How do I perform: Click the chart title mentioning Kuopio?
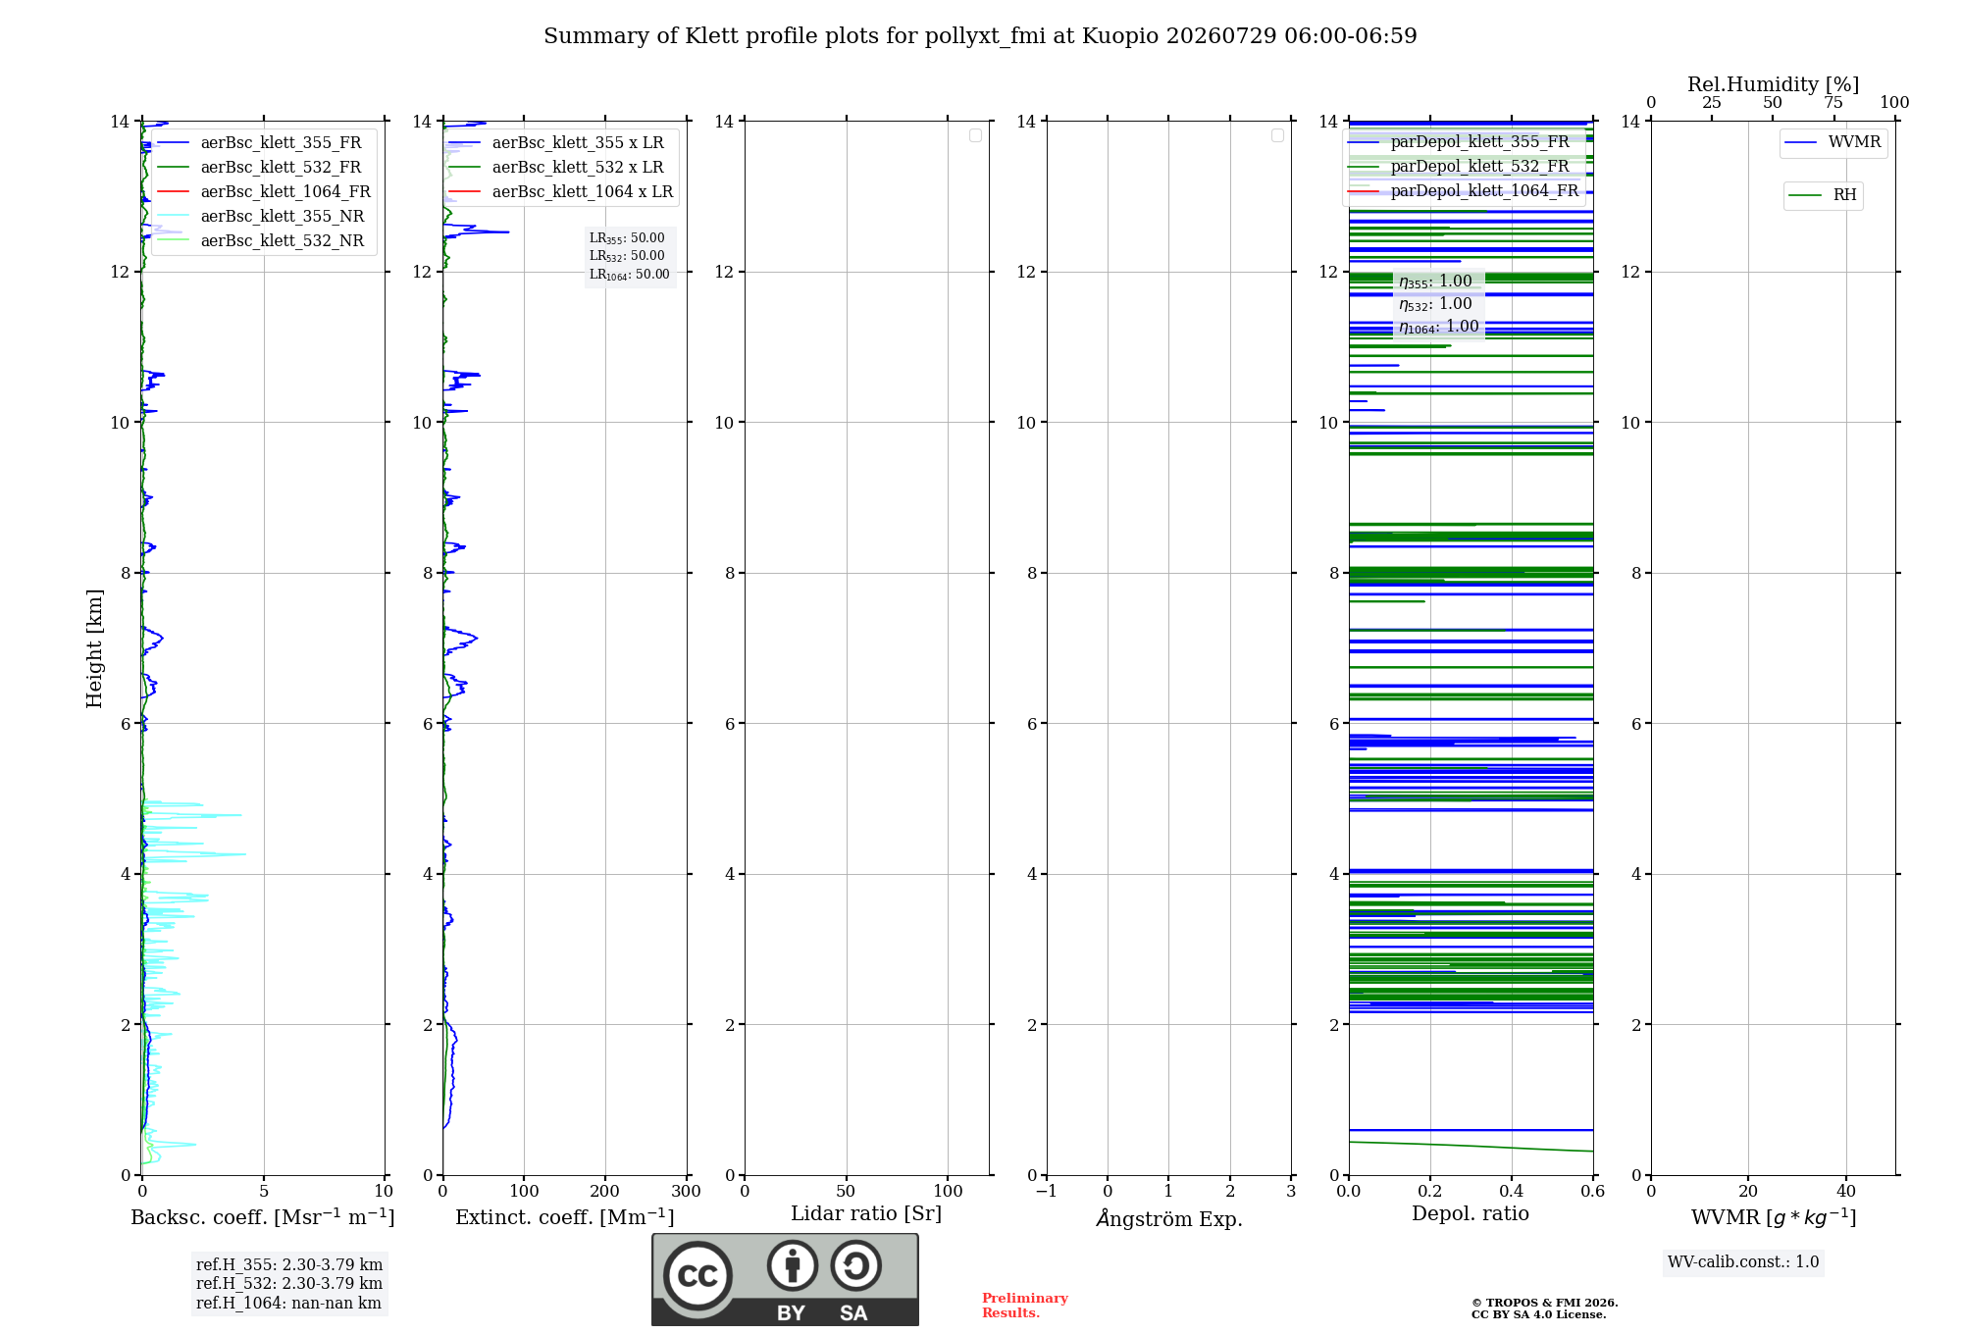[x=980, y=36]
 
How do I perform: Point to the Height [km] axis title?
[x=94, y=648]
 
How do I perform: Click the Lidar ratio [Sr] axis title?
[x=866, y=1214]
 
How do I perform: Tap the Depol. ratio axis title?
[x=1471, y=1214]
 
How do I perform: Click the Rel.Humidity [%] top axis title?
[x=1774, y=85]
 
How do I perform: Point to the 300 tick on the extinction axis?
[x=687, y=1192]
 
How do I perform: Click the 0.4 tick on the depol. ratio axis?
[x=1512, y=1192]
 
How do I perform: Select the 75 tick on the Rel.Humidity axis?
[x=1833, y=103]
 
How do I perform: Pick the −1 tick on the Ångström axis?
[x=1047, y=1192]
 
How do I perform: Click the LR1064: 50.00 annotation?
[x=630, y=275]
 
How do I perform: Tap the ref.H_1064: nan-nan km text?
[x=288, y=1304]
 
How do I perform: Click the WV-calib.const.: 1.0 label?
[x=1743, y=1262]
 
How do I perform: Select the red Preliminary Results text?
[x=1025, y=1306]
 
